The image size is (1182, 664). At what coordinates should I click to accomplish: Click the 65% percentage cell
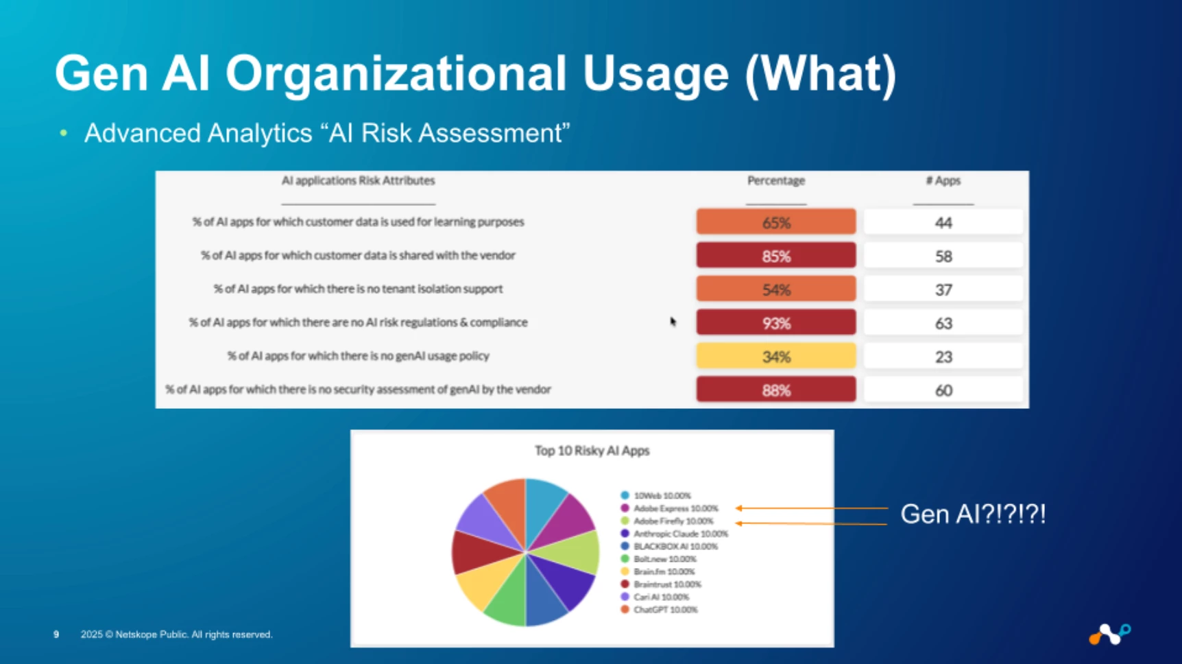click(776, 222)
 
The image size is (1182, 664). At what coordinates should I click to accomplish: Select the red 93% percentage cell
click(776, 322)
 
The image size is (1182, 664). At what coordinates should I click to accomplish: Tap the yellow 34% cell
click(776, 356)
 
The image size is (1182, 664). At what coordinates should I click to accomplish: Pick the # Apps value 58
click(943, 256)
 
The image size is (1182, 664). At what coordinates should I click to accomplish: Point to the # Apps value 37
click(943, 289)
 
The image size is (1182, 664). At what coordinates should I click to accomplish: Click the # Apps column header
click(943, 180)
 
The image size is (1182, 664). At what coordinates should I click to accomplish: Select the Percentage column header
click(776, 180)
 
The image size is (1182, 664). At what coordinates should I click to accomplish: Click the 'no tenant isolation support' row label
click(358, 289)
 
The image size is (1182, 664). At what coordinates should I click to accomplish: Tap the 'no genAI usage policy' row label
click(358, 355)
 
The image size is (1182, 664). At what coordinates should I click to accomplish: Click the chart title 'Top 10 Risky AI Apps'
click(592, 451)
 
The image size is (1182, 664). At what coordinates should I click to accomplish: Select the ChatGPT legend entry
click(659, 609)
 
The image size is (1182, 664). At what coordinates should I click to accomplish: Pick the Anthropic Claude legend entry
click(674, 534)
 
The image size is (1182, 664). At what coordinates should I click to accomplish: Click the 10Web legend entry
click(656, 495)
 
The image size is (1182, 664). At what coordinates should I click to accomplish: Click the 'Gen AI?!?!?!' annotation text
click(973, 514)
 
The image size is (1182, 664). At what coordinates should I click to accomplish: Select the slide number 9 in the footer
click(56, 635)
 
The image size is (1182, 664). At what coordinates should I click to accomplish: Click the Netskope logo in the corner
click(1110, 634)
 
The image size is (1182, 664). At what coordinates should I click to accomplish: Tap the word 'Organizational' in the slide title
click(396, 73)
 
